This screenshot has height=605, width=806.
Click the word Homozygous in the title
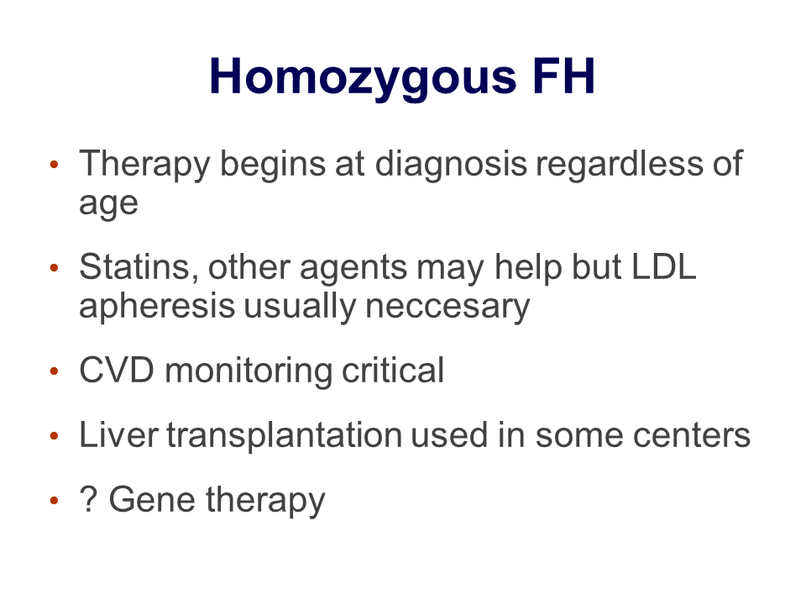(x=363, y=77)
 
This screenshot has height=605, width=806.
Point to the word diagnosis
(x=451, y=165)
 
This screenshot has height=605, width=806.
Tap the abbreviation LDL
(x=663, y=267)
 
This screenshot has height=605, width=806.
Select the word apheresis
(x=157, y=307)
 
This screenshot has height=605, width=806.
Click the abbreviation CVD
(x=117, y=371)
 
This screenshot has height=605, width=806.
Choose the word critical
(x=393, y=370)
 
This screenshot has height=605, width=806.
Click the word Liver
(x=118, y=435)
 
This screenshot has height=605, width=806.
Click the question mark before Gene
(x=88, y=499)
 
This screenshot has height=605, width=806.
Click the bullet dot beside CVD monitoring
(x=55, y=371)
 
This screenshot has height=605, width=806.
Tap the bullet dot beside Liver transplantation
(x=55, y=436)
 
